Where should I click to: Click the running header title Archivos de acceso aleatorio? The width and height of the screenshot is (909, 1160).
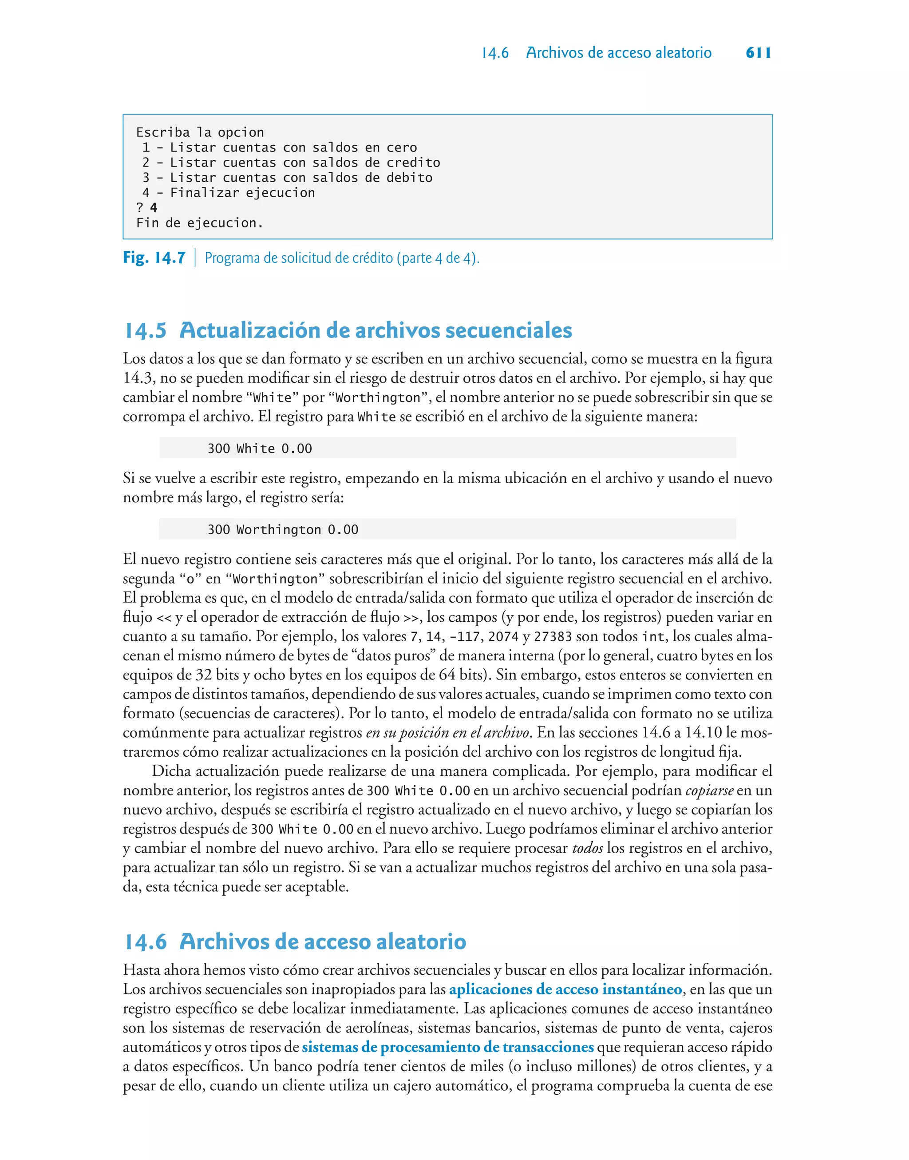(x=618, y=53)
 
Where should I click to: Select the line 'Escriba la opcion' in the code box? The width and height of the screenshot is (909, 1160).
(x=200, y=132)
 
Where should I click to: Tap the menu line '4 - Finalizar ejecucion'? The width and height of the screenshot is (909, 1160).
(x=229, y=193)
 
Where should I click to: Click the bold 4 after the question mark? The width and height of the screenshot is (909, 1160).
(x=154, y=207)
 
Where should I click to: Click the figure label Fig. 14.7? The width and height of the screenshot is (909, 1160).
(x=154, y=258)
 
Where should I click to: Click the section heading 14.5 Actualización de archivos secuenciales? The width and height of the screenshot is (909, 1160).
(x=348, y=330)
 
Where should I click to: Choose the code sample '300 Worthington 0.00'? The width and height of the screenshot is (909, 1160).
(x=283, y=530)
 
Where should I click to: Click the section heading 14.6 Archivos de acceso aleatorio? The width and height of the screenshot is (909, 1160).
(x=295, y=941)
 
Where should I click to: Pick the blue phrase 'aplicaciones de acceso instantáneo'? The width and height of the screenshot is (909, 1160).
(x=565, y=989)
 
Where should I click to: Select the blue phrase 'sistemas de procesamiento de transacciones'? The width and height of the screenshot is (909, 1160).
(x=447, y=1047)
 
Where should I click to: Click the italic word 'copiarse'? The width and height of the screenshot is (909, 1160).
(x=709, y=791)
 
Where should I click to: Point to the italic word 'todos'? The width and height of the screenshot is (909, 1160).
(x=588, y=848)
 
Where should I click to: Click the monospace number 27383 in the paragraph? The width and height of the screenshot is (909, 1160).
(x=553, y=637)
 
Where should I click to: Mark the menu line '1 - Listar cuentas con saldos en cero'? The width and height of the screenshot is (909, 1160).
(x=280, y=147)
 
